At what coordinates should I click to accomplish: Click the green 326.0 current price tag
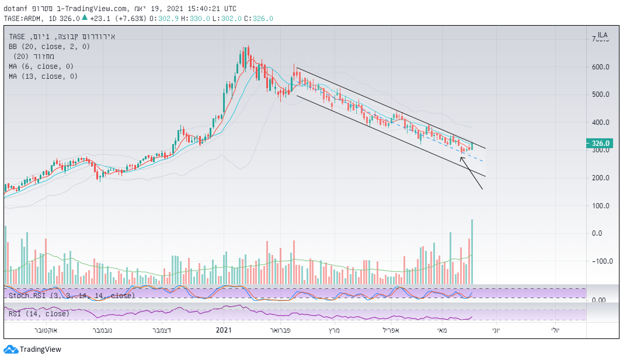coord(601,144)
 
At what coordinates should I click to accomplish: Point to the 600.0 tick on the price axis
coord(601,67)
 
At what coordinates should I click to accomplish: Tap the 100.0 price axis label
coord(601,206)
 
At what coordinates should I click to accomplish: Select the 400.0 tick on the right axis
coord(601,123)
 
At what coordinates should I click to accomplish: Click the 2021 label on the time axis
coord(225,331)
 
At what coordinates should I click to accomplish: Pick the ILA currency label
coord(602,35)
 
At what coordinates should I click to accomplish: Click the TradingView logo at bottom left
coord(33,349)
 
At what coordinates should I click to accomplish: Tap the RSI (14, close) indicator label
coord(39,314)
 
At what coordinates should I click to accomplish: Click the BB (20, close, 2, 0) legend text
coord(49,46)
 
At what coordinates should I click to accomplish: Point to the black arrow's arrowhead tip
coord(461,156)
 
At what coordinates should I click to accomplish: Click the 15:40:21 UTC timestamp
coord(199,9)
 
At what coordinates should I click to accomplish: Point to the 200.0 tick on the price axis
coord(601,178)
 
